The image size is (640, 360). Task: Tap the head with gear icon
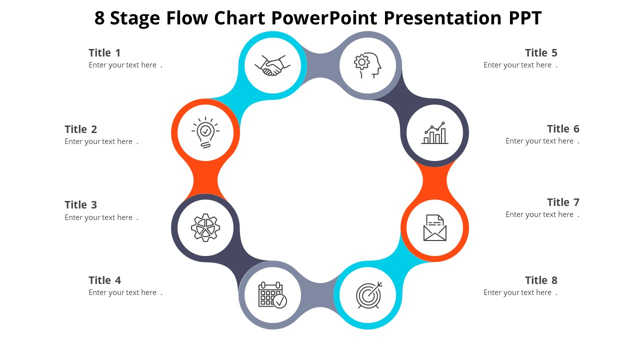click(367, 65)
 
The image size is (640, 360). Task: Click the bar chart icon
click(434, 133)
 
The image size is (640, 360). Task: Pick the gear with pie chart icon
click(205, 228)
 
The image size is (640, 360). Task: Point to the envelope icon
click(434, 228)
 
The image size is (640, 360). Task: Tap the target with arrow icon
click(368, 295)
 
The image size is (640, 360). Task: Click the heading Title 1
click(104, 53)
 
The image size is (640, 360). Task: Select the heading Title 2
click(80, 129)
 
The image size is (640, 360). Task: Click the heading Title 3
click(80, 205)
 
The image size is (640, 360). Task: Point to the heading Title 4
click(104, 280)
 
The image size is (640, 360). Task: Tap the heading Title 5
click(541, 53)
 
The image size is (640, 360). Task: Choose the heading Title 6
click(563, 129)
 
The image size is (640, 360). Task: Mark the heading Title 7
click(563, 202)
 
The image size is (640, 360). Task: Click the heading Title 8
click(541, 280)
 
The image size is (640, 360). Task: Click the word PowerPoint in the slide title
click(324, 18)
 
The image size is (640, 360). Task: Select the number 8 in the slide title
click(99, 18)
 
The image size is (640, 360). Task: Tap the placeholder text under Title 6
click(539, 141)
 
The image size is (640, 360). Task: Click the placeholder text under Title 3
click(98, 217)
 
